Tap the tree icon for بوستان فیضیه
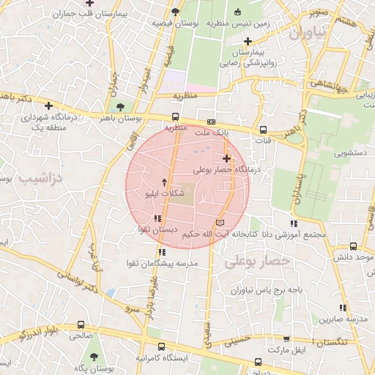(x=176, y=12)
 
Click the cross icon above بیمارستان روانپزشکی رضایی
(x=248, y=41)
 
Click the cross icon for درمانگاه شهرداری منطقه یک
(x=48, y=105)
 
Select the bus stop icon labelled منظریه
(x=175, y=116)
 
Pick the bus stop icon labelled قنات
(x=263, y=129)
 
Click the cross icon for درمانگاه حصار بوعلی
(x=226, y=157)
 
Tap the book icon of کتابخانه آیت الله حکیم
(x=220, y=222)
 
